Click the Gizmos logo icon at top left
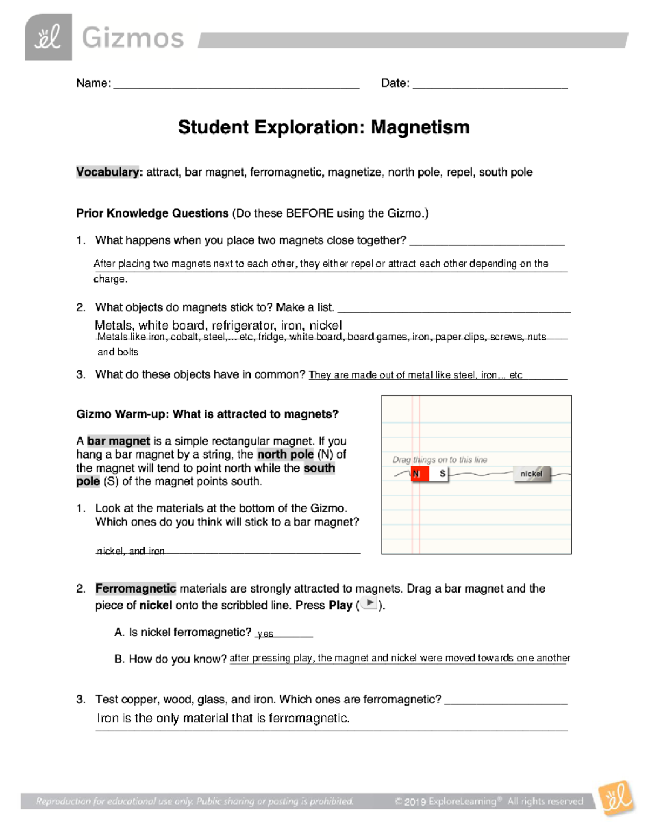[48, 37]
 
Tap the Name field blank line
[236, 84]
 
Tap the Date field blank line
[489, 84]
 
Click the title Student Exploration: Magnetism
[323, 127]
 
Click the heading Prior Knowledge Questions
[152, 213]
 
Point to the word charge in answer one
[110, 279]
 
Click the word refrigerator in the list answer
[242, 325]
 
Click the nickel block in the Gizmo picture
[531, 474]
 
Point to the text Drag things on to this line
[440, 460]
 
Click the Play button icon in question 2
[369, 603]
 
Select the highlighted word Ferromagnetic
[136, 589]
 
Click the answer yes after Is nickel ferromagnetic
[265, 634]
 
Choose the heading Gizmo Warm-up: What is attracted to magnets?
[207, 414]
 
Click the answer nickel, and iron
[130, 551]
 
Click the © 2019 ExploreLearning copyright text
[489, 801]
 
